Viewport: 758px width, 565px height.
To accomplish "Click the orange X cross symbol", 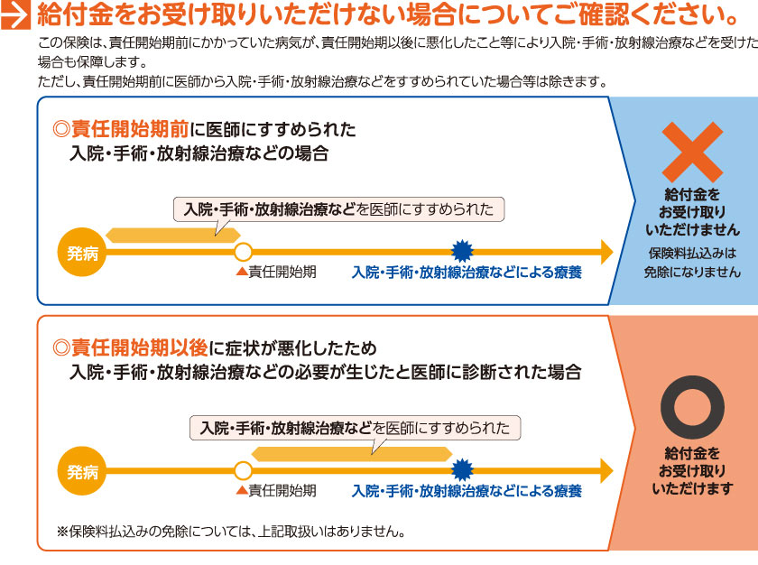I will [x=691, y=151].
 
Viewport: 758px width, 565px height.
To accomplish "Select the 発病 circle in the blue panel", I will [x=82, y=251].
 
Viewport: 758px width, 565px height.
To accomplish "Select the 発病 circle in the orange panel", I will [x=82, y=469].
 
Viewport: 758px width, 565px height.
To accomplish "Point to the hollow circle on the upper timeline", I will [x=242, y=251].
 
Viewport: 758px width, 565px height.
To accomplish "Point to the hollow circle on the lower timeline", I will [x=242, y=469].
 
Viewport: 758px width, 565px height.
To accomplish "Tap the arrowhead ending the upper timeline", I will [x=605, y=251].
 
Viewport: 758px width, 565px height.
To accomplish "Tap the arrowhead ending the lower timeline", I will [x=605, y=469].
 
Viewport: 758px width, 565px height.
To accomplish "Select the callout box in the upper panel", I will [x=338, y=209].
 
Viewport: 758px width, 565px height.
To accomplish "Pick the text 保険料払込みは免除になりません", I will [x=691, y=262].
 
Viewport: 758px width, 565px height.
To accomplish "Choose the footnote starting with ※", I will [x=230, y=531].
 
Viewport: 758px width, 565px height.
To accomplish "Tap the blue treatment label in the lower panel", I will [x=467, y=491].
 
